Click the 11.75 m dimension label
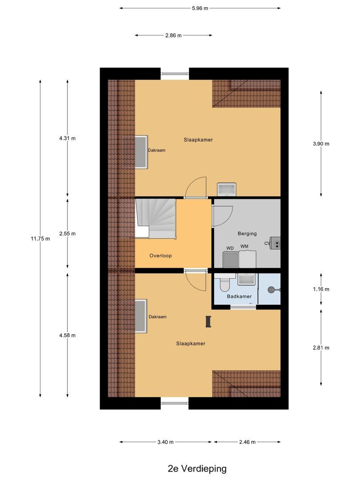pyautogui.click(x=40, y=239)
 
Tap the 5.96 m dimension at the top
pyautogui.click(x=200, y=8)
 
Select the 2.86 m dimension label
pyautogui.click(x=173, y=36)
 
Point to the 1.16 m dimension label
pyautogui.click(x=321, y=289)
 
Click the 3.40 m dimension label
pyautogui.click(x=165, y=442)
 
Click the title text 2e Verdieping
pyautogui.click(x=197, y=468)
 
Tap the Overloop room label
pyautogui.click(x=160, y=256)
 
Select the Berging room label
pyautogui.click(x=247, y=234)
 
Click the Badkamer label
pyautogui.click(x=239, y=296)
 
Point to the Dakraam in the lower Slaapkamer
pyautogui.click(x=141, y=317)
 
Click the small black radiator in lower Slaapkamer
pyautogui.click(x=208, y=321)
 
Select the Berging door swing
pyautogui.click(x=222, y=217)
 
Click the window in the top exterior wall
pyautogui.click(x=175, y=74)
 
